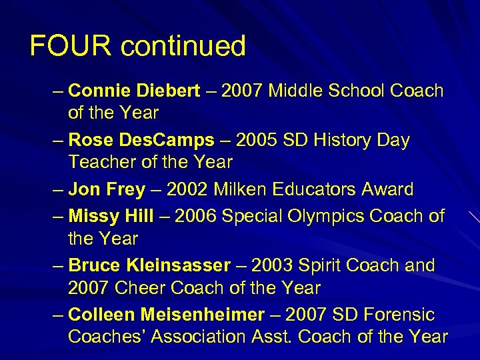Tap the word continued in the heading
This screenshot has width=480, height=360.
[183, 46]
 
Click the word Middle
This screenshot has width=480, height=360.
[299, 91]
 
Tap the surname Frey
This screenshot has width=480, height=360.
[125, 190]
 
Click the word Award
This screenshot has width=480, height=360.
[386, 190]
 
